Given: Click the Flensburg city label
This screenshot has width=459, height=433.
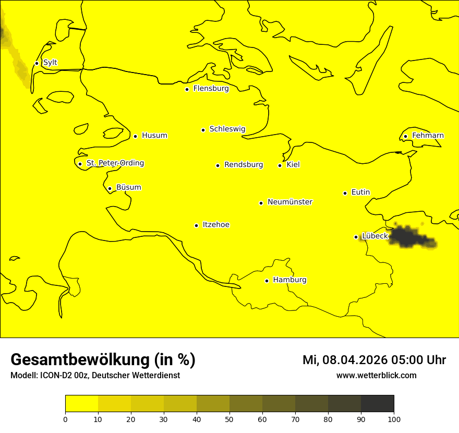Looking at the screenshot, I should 211,89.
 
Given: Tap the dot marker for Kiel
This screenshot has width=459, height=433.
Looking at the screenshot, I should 280,165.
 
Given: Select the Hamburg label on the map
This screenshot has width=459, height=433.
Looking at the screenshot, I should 289,280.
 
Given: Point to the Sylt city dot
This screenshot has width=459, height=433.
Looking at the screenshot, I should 37,63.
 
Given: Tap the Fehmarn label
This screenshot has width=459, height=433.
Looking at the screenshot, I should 428,136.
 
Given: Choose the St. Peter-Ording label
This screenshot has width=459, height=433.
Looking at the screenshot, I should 115,163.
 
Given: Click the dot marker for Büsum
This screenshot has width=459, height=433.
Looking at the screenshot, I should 110,188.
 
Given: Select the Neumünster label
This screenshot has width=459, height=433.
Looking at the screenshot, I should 290,202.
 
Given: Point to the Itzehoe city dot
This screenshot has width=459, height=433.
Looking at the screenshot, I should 196,225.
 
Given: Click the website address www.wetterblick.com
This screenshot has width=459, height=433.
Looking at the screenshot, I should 377,375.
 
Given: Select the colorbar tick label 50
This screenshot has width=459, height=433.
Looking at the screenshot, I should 229,419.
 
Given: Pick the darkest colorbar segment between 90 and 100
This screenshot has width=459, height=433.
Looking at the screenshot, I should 377,404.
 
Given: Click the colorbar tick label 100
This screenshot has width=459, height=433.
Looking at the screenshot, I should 394,419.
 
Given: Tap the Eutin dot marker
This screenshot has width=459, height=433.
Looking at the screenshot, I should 345,193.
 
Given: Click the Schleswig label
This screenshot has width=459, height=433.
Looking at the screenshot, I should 227,129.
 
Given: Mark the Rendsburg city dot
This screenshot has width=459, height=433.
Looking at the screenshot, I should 218,165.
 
